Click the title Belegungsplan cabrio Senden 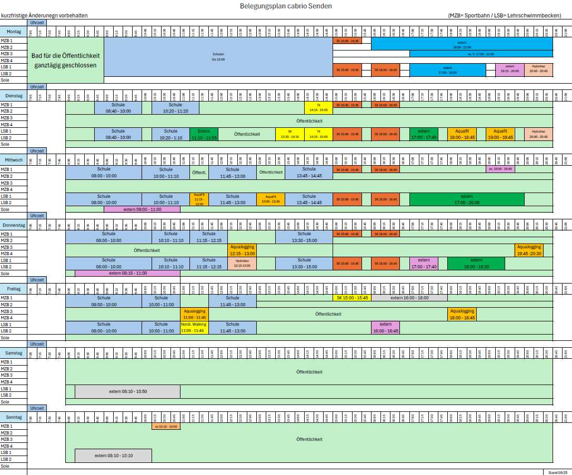point(286,6)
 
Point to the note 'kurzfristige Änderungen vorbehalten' point(44,15)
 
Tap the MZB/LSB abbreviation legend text point(504,15)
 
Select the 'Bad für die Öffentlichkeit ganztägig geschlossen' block point(65,60)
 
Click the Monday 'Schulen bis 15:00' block point(218,57)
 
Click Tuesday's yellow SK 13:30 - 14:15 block point(289,134)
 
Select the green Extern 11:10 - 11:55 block point(204,134)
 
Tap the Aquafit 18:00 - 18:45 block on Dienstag point(462,134)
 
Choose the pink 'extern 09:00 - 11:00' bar point(142,209)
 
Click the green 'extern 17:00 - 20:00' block point(467,199)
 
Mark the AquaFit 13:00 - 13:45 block point(270,199)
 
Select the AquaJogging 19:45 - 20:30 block point(529,249)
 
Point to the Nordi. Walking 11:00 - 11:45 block point(194,327)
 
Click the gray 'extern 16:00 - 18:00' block point(409,298)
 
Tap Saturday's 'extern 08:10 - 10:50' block point(127,391)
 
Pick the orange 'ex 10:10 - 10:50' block point(166,426)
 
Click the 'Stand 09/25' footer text point(557,472)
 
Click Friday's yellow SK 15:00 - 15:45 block point(352,298)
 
